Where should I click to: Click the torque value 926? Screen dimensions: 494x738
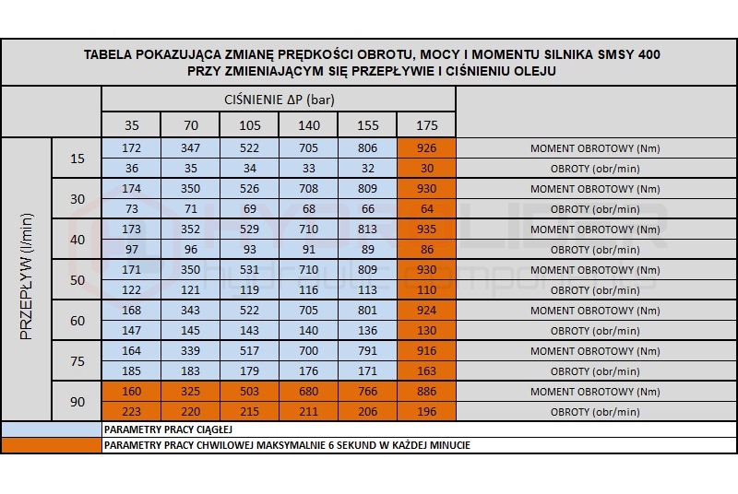pos(426,148)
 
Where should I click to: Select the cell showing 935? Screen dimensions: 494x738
pos(426,229)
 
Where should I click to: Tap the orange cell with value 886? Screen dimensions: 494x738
pos(426,392)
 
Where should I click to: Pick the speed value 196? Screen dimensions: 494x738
pos(426,412)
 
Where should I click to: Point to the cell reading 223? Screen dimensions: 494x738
pos(131,412)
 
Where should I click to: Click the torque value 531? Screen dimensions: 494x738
pos(249,270)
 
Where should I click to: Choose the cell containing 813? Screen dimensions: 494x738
pos(367,229)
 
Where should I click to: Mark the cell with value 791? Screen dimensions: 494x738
pos(367,351)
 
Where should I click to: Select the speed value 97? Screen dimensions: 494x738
pos(131,250)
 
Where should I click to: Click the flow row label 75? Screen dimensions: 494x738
pos(77,361)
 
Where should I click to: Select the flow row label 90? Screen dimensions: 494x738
pos(77,402)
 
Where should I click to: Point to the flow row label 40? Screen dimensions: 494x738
pos(77,240)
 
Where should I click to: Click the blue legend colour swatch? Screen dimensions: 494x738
pos(51,429)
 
